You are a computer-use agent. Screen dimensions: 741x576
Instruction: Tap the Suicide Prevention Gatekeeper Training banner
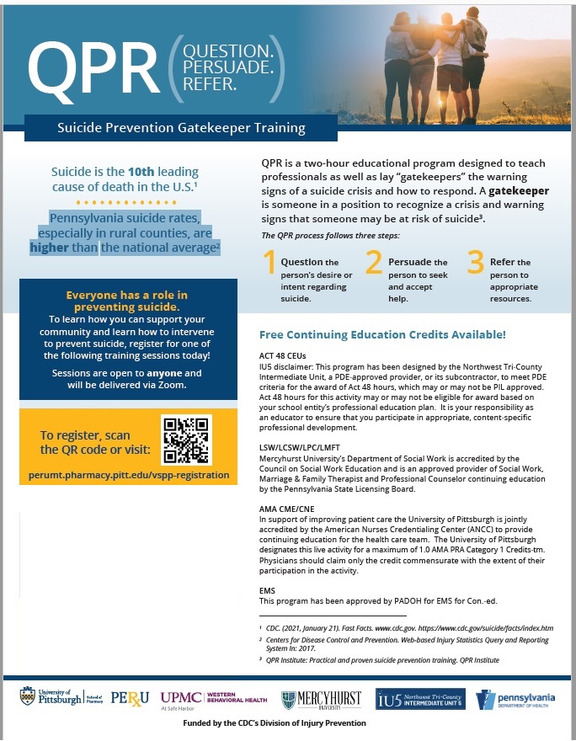pyautogui.click(x=181, y=129)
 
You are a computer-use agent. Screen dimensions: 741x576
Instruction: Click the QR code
pyautogui.click(x=184, y=440)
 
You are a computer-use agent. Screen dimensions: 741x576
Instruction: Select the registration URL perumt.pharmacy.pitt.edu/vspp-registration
pyautogui.click(x=135, y=475)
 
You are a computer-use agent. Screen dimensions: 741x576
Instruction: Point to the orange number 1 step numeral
pyautogui.click(x=269, y=264)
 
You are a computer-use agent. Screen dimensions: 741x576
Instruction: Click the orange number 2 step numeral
pyautogui.click(x=373, y=264)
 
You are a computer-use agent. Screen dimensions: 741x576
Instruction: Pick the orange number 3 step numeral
pyautogui.click(x=475, y=264)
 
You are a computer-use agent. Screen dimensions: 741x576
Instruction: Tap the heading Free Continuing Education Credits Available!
pyautogui.click(x=382, y=334)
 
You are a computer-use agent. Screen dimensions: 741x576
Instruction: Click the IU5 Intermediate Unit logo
pyautogui.click(x=419, y=699)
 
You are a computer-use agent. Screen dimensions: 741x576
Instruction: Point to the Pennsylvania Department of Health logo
pyautogui.click(x=515, y=699)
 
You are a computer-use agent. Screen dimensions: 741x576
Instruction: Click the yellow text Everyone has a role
pyautogui.click(x=126, y=295)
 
